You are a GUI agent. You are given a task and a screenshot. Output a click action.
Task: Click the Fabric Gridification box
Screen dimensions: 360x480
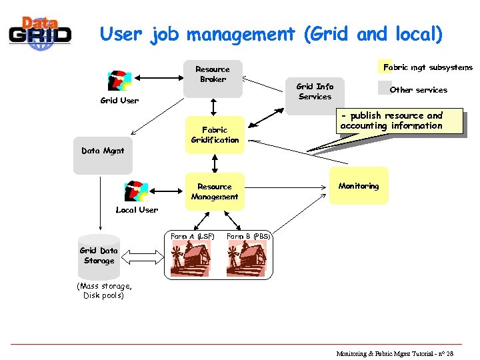(215, 135)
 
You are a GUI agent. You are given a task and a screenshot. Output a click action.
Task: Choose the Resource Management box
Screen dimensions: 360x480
(215, 191)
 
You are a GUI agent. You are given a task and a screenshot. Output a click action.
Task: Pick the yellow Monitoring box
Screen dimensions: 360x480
(359, 185)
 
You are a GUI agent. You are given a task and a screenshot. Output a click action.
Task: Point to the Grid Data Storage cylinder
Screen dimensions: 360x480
(99, 257)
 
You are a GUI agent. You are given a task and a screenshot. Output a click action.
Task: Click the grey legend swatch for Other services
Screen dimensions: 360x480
(383, 89)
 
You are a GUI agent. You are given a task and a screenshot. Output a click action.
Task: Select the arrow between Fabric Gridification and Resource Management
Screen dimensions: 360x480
(215, 163)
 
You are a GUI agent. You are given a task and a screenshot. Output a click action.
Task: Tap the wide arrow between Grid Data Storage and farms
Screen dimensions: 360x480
(141, 257)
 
